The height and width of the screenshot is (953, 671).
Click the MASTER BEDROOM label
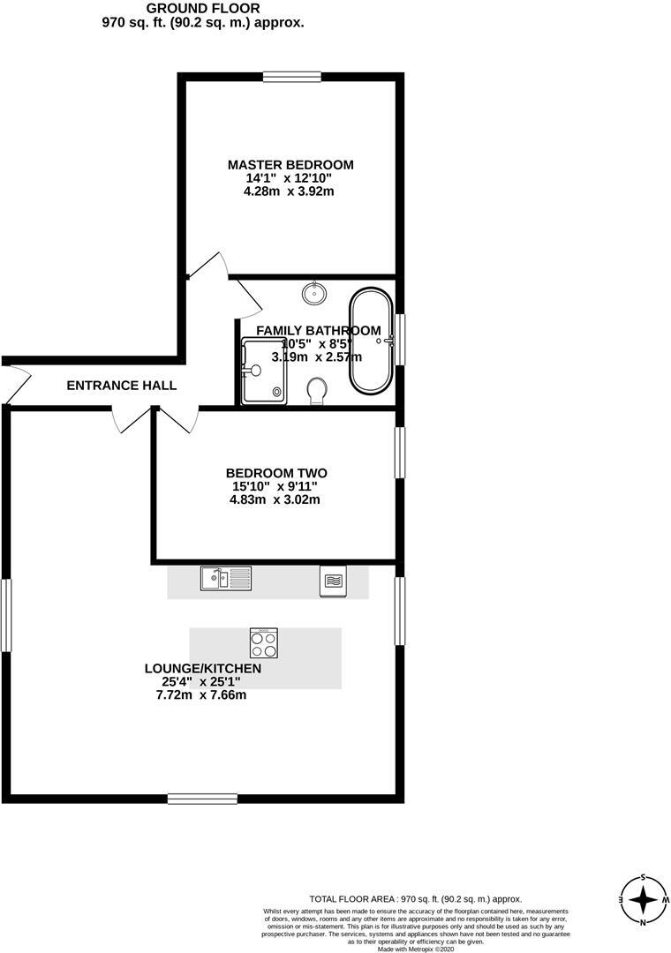[290, 165]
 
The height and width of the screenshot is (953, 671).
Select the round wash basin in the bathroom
[314, 291]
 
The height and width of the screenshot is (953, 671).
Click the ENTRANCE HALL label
[122, 386]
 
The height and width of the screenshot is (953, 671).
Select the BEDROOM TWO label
[276, 473]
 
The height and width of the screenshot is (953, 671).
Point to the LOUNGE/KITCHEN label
[203, 669]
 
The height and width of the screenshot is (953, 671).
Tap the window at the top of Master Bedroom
[292, 77]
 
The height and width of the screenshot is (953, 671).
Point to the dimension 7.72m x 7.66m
[200, 695]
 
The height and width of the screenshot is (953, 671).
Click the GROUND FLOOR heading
[202, 8]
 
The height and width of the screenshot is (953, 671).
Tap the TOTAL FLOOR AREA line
[415, 898]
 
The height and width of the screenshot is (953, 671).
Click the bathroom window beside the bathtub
[399, 339]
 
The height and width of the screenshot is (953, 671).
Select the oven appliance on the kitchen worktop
[333, 582]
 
